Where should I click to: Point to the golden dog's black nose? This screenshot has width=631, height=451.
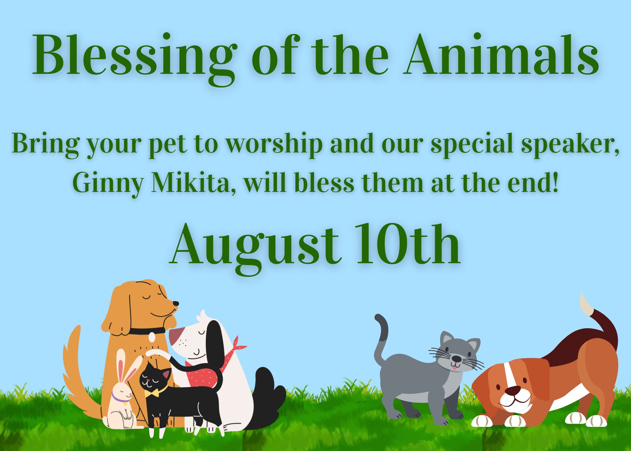pos(175,304)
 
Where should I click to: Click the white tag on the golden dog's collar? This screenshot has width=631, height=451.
pos(152,337)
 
